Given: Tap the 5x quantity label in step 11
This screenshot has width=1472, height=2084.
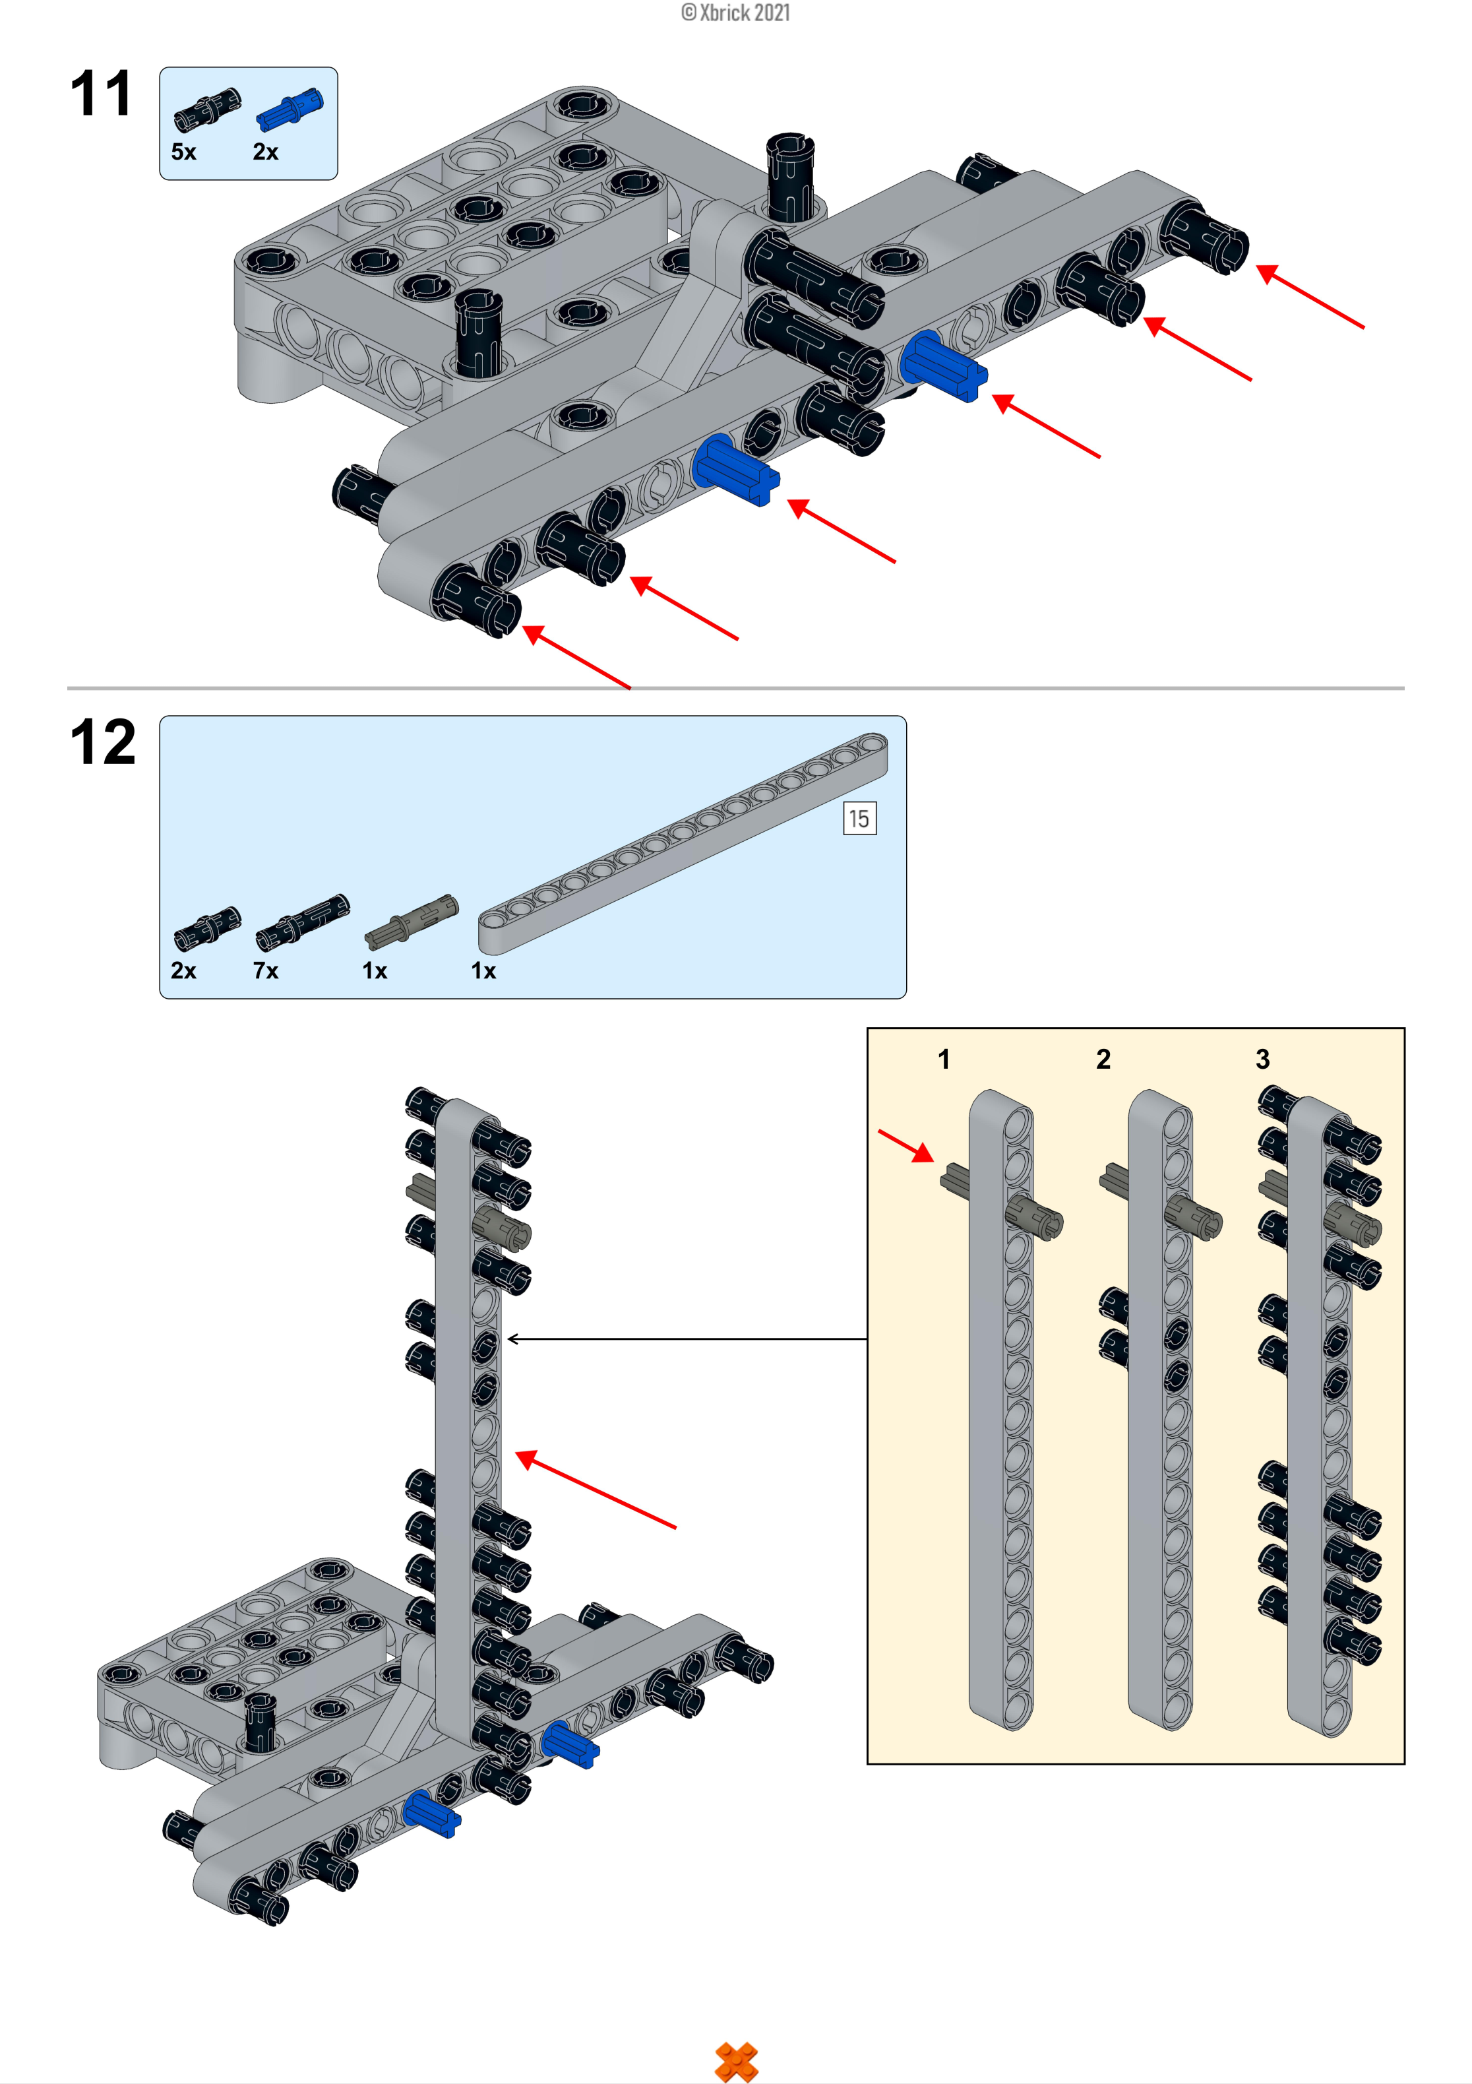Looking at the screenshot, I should click(x=183, y=152).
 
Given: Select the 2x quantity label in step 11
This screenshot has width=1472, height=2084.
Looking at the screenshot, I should click(x=265, y=152).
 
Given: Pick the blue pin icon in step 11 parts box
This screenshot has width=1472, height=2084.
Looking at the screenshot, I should click(x=289, y=110).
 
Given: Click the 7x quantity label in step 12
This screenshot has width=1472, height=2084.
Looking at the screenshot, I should click(x=265, y=970).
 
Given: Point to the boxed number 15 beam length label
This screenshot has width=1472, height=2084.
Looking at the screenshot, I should click(x=859, y=819).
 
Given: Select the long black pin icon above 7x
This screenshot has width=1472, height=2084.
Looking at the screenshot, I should click(x=302, y=922).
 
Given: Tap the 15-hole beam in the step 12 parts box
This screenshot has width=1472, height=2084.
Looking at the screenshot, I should click(x=683, y=844).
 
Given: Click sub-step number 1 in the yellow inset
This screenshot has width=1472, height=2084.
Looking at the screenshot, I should click(x=944, y=1059).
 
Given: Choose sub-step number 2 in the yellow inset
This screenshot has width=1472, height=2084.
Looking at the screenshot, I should click(x=1103, y=1059).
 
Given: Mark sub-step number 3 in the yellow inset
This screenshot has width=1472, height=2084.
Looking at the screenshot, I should click(x=1262, y=1059).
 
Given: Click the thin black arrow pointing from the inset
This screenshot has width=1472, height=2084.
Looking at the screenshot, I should click(x=687, y=1339).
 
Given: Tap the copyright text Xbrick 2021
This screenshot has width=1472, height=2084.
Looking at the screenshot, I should click(x=735, y=13).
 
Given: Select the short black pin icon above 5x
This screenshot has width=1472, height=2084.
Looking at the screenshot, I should click(x=207, y=110).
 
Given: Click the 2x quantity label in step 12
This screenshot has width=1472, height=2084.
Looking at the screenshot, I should click(x=183, y=970).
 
